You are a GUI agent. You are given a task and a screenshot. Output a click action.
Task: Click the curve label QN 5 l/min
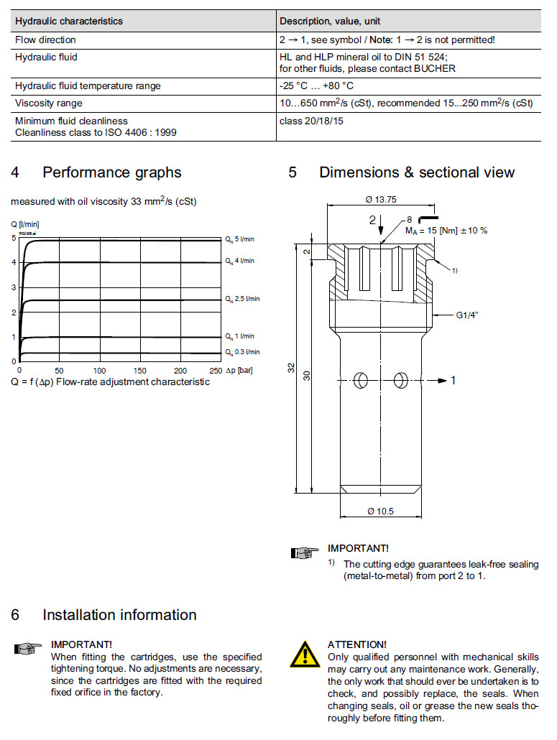[240, 239]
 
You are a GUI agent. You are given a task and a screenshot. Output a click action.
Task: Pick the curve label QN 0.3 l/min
[242, 352]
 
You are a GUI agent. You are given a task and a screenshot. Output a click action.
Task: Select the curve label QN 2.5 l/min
[242, 298]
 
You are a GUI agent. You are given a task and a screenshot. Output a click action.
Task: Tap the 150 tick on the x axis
[140, 370]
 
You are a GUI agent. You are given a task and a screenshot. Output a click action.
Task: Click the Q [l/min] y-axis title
[24, 224]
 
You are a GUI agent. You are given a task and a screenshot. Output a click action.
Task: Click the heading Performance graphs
[111, 172]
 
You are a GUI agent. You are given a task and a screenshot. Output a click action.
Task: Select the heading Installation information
[119, 615]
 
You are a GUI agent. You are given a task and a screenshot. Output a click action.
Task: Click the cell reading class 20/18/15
[311, 121]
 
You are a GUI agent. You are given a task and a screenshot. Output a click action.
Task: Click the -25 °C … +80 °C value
[316, 85]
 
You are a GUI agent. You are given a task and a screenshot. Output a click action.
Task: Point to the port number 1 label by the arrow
[454, 381]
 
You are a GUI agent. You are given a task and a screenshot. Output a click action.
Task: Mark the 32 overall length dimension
[291, 367]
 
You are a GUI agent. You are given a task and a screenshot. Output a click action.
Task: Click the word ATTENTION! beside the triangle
[356, 644]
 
